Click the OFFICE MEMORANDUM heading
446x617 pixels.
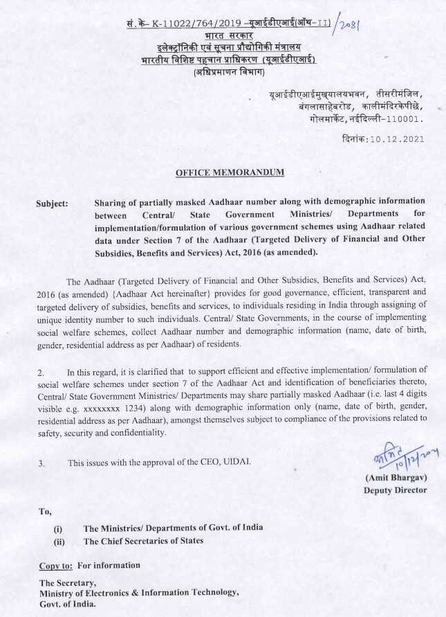pos(230,172)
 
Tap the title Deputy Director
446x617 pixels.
pos(395,490)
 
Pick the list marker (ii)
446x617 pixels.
pos(59,542)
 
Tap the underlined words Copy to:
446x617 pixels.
pos(56,566)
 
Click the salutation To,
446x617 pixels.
pos(45,512)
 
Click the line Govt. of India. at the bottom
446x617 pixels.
pos(68,605)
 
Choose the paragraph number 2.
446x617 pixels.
pos(41,373)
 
